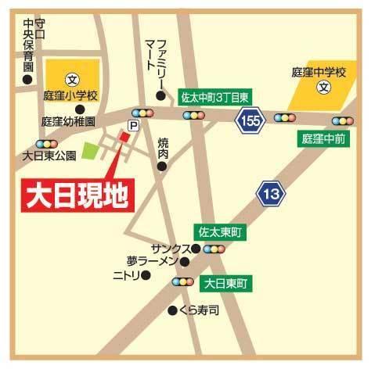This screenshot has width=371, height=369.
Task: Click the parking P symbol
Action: click(133, 125)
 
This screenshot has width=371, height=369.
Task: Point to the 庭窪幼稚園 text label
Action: click(68, 123)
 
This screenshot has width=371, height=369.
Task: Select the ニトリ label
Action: click(125, 275)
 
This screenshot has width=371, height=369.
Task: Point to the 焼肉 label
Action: click(163, 148)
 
